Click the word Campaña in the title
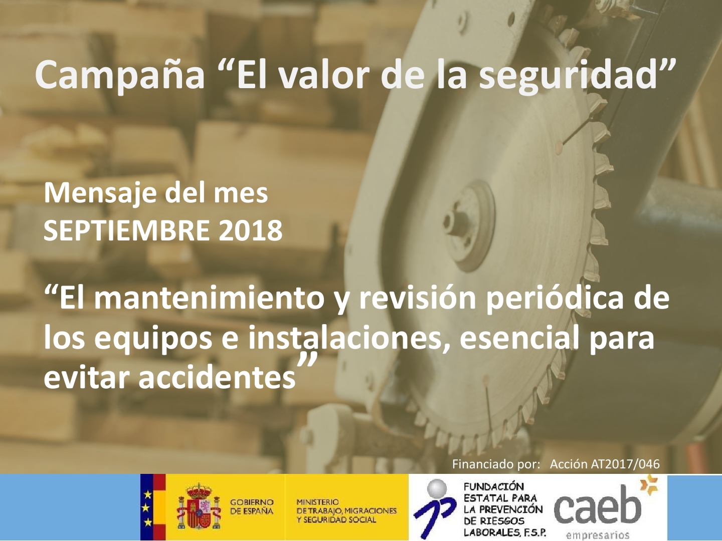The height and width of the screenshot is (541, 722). click(120, 75)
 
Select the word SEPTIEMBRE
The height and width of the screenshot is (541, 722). click(127, 230)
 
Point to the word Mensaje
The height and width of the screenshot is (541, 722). click(100, 194)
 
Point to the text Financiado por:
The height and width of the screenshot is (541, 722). click(496, 464)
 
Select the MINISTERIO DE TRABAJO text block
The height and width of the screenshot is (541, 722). click(346, 511)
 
